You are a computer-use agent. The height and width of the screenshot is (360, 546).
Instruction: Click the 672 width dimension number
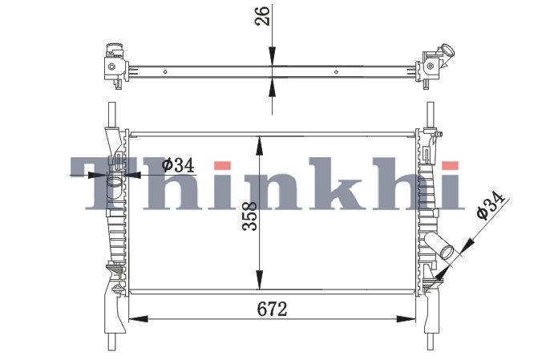coord(273,309)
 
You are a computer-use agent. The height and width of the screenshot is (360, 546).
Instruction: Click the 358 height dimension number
coord(250,216)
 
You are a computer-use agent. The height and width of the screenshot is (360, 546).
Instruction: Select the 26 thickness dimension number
coord(262,16)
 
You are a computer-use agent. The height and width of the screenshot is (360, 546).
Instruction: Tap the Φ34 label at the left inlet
coord(178,165)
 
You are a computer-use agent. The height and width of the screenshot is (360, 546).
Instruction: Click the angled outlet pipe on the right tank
coord(439,246)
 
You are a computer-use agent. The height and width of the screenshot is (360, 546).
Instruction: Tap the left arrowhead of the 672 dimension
coord(139,318)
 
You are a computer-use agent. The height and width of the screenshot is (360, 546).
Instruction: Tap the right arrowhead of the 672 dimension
coord(406,318)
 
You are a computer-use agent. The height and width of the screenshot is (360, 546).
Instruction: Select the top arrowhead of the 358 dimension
coord(259,146)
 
